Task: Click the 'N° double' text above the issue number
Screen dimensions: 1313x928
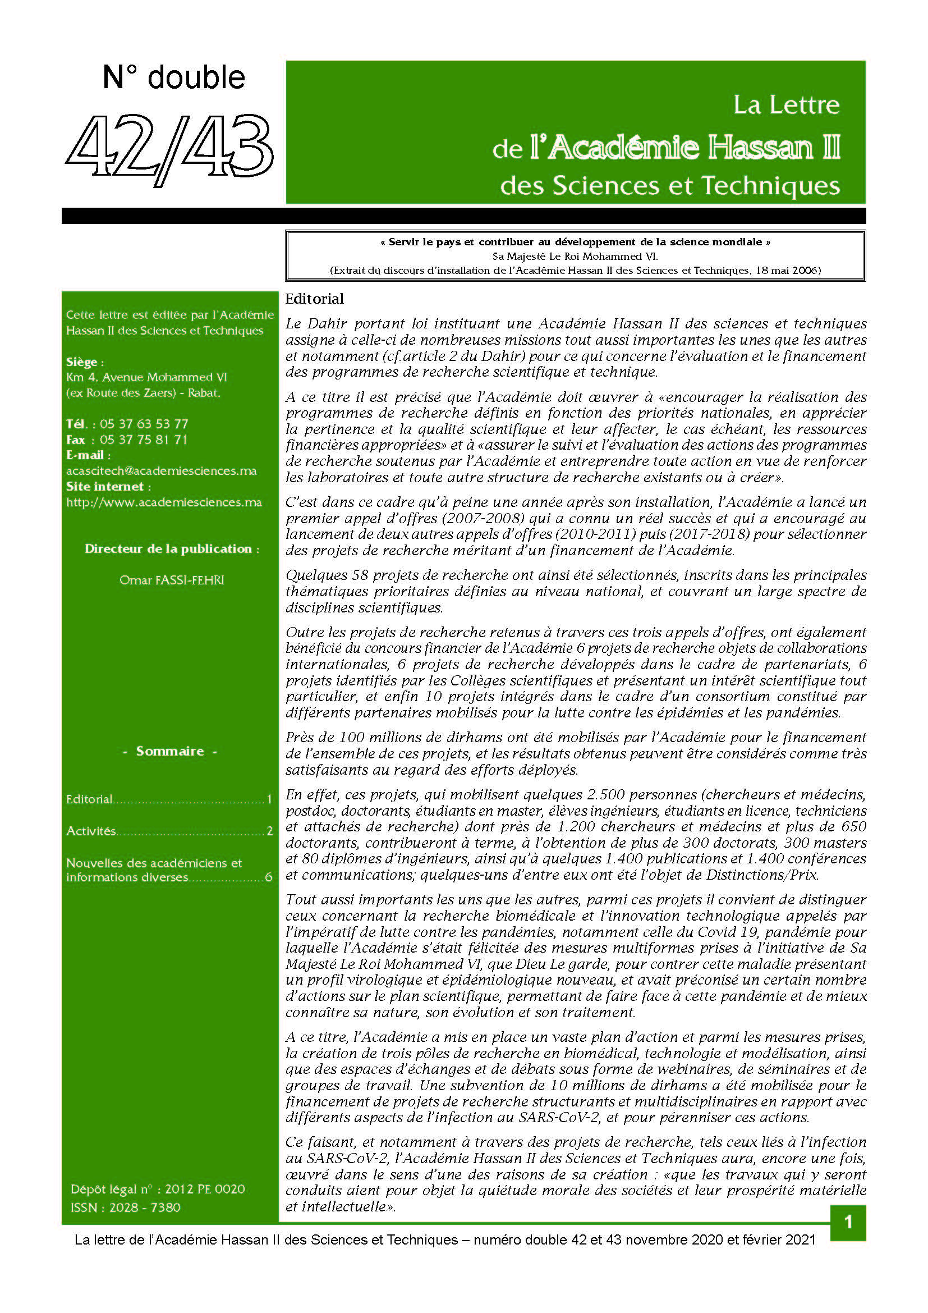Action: [174, 77]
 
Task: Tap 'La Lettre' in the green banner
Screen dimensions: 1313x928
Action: [786, 104]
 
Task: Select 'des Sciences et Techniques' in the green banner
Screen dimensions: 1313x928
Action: [670, 186]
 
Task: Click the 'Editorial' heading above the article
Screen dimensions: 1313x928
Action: [314, 299]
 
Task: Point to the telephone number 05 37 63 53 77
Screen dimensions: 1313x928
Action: [144, 424]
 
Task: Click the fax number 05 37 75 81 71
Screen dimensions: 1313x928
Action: [144, 440]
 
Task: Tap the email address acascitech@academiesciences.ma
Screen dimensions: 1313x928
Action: [161, 471]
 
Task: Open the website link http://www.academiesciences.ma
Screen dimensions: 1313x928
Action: [164, 502]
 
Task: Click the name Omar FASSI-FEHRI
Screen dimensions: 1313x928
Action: [172, 580]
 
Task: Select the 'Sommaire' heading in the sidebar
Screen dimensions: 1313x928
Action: [169, 752]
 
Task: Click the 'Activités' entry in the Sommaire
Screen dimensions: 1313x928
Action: [91, 831]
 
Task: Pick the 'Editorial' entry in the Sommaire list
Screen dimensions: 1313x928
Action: [90, 799]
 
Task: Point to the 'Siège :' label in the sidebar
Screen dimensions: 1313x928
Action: [85, 363]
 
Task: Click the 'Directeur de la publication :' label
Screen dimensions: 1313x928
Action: [172, 549]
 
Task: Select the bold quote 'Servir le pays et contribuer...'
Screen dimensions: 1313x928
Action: [575, 242]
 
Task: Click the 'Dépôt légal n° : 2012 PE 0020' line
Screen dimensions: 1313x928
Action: [158, 1190]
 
